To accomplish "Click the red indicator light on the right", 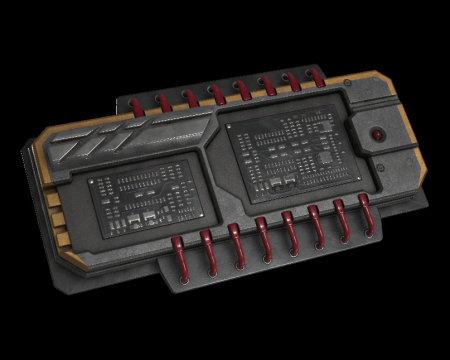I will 377,133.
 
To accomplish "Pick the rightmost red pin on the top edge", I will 318,77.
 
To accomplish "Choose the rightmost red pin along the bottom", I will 366,212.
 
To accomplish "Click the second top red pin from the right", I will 293,81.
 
